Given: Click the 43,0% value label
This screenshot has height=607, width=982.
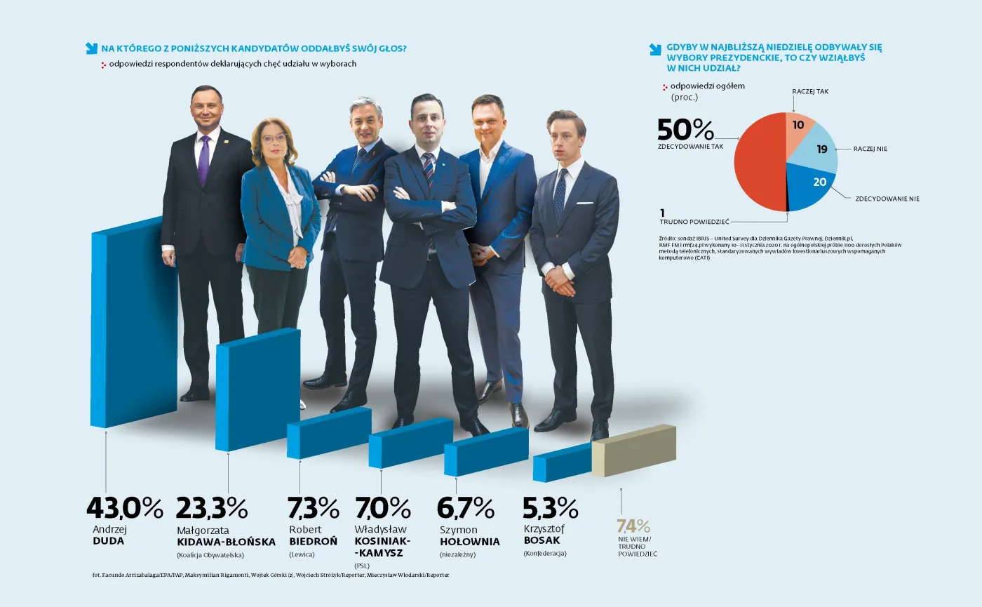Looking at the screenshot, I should click(124, 507).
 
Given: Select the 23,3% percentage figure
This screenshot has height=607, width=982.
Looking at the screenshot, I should click(211, 507).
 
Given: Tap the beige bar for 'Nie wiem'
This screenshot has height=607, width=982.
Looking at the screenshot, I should click(633, 451).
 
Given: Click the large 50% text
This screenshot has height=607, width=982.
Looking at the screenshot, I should click(685, 130).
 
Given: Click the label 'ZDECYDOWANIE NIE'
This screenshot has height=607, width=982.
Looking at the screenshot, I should click(887, 199).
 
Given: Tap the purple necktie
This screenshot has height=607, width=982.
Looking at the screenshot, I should click(204, 160).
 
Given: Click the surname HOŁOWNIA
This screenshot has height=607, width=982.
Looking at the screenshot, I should click(469, 542).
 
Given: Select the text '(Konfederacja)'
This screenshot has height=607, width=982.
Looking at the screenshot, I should click(544, 553).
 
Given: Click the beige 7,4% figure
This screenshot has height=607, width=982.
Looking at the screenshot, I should click(633, 526).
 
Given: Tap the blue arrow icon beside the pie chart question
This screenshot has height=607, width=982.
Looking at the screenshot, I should click(655, 49).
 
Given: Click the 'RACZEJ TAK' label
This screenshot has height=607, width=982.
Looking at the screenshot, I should click(810, 91).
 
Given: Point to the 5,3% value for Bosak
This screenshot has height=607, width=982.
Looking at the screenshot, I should click(551, 507).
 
